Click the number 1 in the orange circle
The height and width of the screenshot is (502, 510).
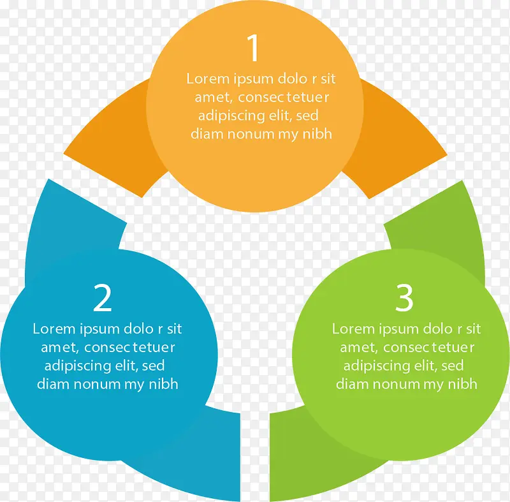(x=253, y=47)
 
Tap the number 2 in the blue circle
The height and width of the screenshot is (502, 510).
(x=103, y=298)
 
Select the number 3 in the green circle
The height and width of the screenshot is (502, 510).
(x=404, y=298)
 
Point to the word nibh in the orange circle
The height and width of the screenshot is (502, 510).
(x=317, y=134)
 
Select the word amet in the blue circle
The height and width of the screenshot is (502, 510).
(x=60, y=348)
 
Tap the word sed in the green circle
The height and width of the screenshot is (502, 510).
(x=452, y=365)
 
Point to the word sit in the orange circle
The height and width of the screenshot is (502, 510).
(x=328, y=78)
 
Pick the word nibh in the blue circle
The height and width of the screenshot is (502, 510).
(x=164, y=384)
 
